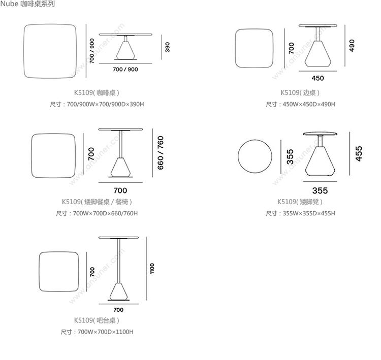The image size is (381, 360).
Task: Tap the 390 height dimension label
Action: tap(167, 47)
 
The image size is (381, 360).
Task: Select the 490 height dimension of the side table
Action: tap(351, 45)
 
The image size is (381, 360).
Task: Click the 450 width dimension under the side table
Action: tap(317, 78)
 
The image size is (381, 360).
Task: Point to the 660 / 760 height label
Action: tap(161, 153)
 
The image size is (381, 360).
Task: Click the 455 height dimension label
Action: tap(359, 153)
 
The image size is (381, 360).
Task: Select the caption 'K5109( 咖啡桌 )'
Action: tap(97, 93)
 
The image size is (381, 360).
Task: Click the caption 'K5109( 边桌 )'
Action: tap(300, 93)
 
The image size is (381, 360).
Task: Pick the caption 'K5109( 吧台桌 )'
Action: tap(97, 320)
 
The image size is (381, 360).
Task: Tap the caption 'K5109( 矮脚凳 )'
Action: tap(300, 202)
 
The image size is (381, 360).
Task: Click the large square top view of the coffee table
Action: tap(52, 52)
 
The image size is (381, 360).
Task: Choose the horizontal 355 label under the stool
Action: tap(320, 190)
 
